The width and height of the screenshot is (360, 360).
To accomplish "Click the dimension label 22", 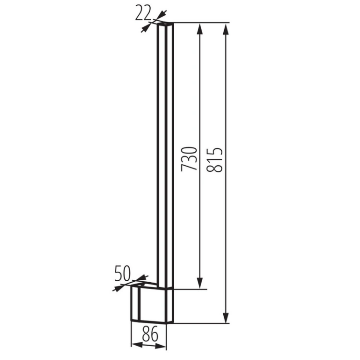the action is (x=143, y=13).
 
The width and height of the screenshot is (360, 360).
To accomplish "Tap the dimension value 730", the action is (x=189, y=159).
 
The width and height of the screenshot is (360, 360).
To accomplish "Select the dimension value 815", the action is (x=215, y=160).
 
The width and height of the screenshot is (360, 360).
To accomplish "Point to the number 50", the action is (x=122, y=273).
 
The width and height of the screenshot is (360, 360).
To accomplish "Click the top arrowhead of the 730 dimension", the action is (x=200, y=29).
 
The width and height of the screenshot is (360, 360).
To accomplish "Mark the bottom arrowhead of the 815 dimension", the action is (x=226, y=317).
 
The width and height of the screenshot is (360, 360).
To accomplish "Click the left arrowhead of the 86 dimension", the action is (x=137, y=345).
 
